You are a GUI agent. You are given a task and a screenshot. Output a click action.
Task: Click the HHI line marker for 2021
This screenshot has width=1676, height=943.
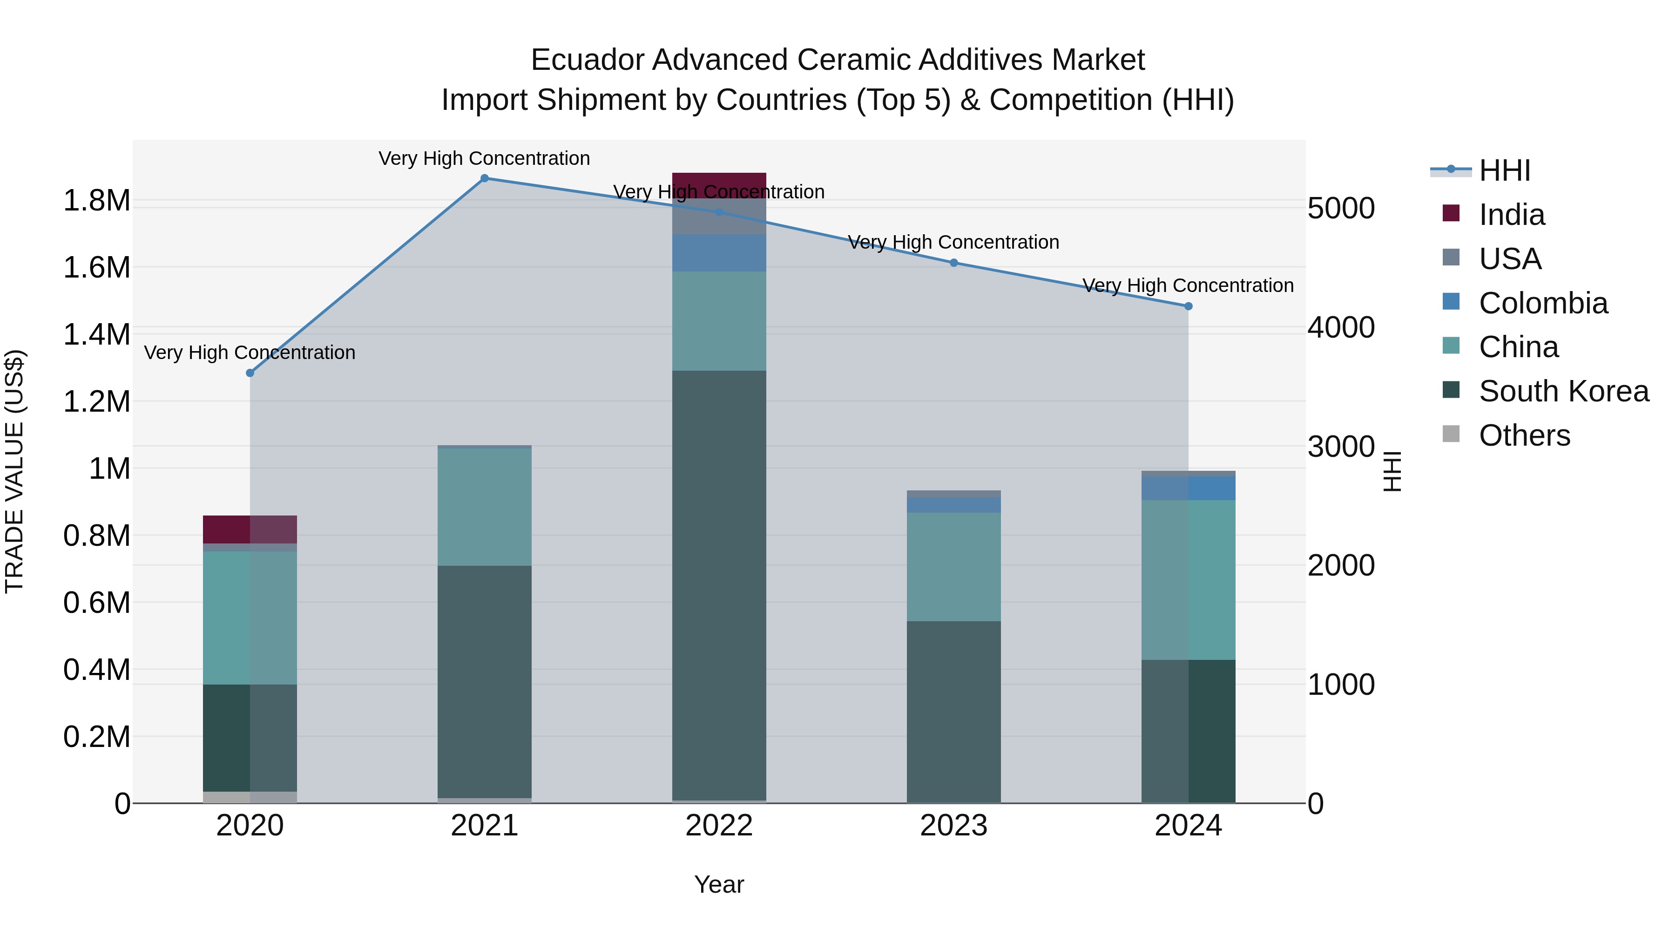[484, 178]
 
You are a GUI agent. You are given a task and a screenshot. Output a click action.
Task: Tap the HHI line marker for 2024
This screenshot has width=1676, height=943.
[1188, 306]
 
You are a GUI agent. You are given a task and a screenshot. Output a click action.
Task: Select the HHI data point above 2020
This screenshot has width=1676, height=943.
[250, 373]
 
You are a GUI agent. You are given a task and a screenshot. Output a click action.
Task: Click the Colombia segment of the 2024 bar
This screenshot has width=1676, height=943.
[1188, 488]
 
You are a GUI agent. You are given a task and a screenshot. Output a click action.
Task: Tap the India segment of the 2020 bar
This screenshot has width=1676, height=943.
[250, 529]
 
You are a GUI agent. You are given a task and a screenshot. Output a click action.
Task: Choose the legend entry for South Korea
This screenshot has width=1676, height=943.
[1563, 391]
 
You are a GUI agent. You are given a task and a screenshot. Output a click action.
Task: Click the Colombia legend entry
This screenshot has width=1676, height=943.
[1543, 303]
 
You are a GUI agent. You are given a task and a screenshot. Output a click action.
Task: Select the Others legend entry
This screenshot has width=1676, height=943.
[1524, 435]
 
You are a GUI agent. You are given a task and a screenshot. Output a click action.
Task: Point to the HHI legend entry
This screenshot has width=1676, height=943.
[1504, 170]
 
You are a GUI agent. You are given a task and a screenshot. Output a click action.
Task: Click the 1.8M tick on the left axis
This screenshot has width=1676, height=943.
[96, 200]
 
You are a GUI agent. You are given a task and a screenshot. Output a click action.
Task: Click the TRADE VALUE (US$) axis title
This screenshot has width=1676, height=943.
[14, 471]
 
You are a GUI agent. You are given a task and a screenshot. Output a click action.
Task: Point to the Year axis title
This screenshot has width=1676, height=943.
[719, 884]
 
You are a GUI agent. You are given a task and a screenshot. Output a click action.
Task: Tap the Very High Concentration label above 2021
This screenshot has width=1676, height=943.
[484, 158]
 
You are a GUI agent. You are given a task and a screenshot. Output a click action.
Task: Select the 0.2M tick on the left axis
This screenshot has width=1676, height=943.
[96, 737]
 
